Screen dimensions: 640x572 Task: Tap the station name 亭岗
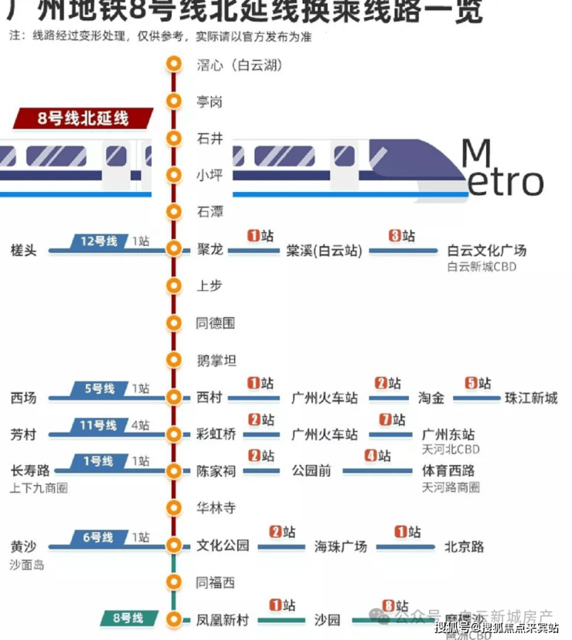(x=209, y=102)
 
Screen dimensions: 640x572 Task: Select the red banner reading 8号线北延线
(x=83, y=118)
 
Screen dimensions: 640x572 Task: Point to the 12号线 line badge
(x=99, y=241)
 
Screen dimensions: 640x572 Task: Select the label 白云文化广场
(x=487, y=250)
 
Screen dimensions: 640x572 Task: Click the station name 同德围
(x=216, y=323)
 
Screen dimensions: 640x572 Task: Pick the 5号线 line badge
(x=99, y=388)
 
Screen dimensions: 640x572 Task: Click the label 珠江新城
(x=531, y=398)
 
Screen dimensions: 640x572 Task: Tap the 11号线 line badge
(x=99, y=425)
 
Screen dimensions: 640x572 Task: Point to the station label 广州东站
(x=448, y=434)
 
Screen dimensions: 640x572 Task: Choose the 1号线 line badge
(x=99, y=461)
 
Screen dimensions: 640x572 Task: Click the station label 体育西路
(x=448, y=471)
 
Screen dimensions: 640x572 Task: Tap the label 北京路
(x=464, y=546)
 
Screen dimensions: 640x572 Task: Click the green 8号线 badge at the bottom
(x=128, y=618)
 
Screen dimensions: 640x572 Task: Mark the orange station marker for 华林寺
(x=174, y=508)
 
